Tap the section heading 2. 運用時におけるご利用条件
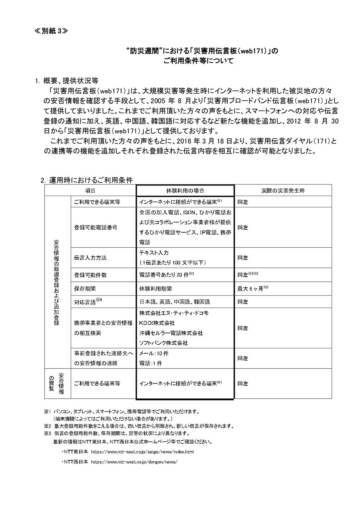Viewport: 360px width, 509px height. pos(87,180)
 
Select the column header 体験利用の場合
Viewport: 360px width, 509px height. pos(185,190)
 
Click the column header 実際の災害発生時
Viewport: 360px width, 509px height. pos(283,190)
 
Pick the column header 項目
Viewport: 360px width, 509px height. pos(90,190)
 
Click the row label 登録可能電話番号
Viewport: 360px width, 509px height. pos(95,227)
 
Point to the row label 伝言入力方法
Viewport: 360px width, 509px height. pos(90,258)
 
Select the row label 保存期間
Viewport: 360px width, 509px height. pos(85,288)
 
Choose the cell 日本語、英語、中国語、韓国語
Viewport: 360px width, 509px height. pos(175,302)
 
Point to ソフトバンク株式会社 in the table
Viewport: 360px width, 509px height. pos(163,343)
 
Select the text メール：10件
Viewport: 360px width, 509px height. pos(154,354)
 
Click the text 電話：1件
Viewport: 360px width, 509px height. pos(151,363)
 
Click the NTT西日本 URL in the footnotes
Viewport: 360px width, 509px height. pos(134,461)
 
